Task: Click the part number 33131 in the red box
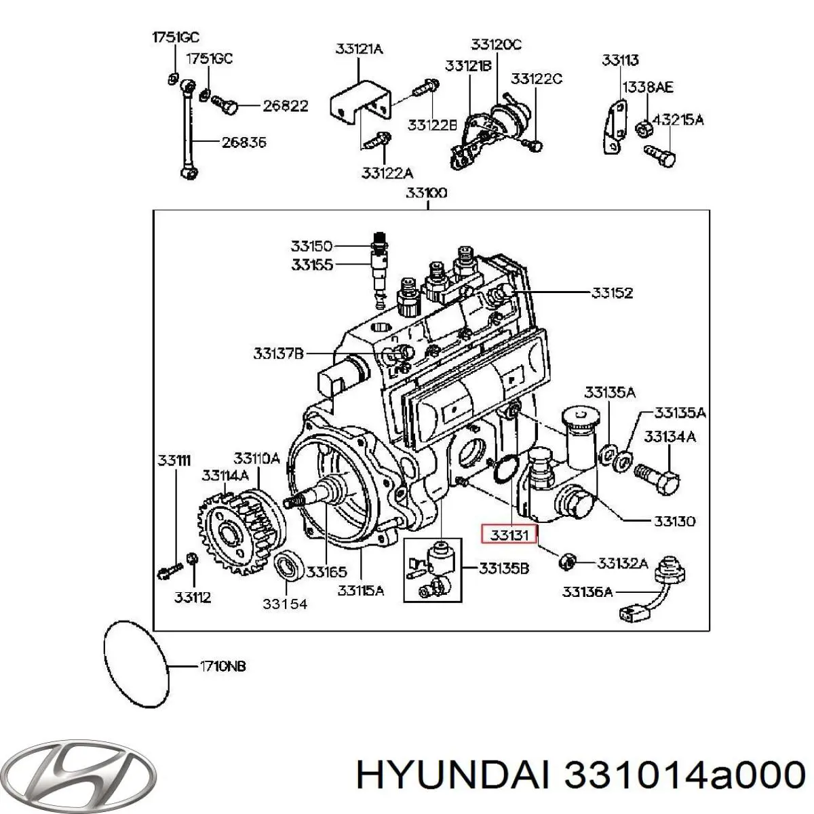point(509,535)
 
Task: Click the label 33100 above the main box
point(427,193)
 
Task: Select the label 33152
point(612,293)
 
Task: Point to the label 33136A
point(587,592)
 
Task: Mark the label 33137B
point(279,353)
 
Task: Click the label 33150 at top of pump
point(312,246)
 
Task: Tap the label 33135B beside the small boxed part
point(503,568)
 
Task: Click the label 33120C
point(497,45)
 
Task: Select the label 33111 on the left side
point(174,461)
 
